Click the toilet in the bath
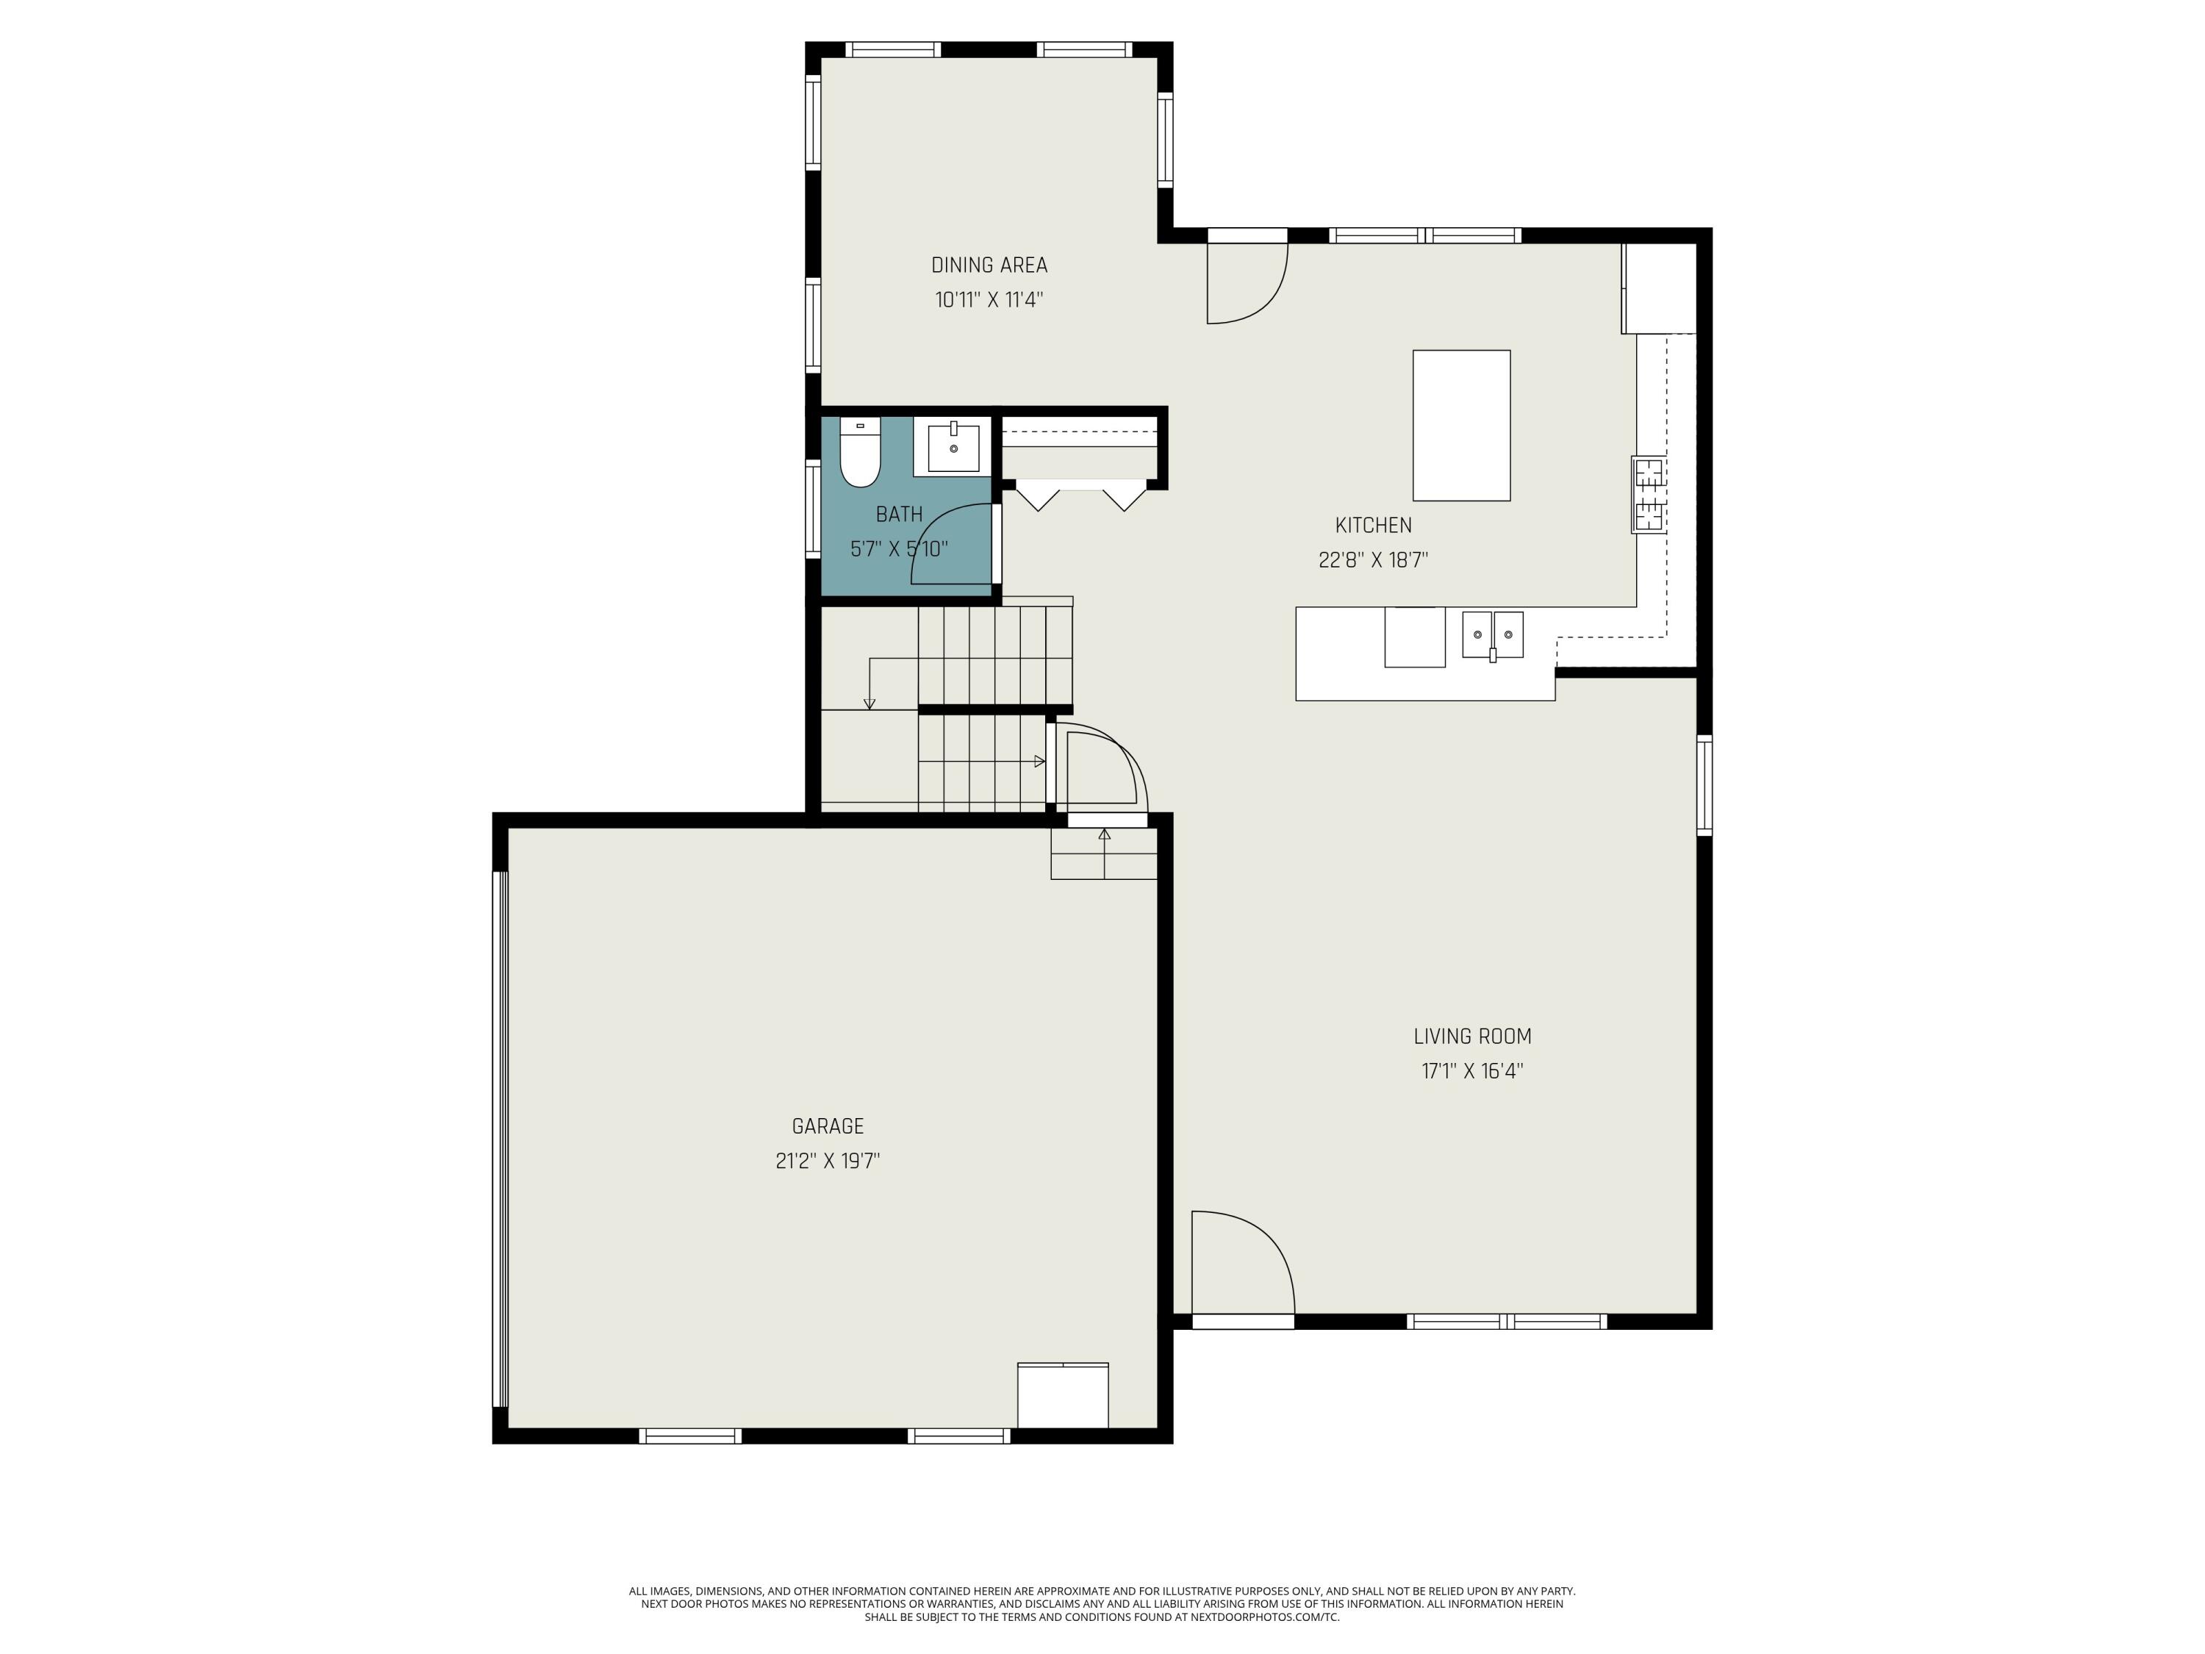(859, 454)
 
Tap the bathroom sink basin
(953, 447)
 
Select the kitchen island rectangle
(1460, 425)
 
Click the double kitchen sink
(1491, 634)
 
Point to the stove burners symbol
(1648, 495)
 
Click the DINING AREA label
(989, 265)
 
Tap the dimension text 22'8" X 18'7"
(1373, 560)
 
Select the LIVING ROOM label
(1471, 1037)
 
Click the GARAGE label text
(828, 1127)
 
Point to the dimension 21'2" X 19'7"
(828, 1161)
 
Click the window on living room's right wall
(1704, 784)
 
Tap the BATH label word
(898, 515)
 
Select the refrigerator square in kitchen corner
(1659, 288)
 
